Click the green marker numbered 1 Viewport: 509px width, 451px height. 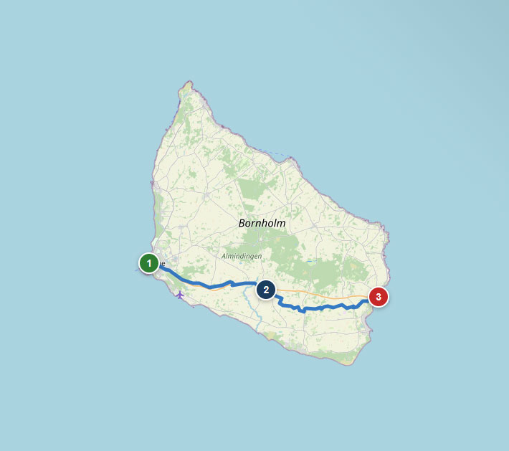(x=148, y=264)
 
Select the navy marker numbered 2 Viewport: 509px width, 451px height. (x=266, y=290)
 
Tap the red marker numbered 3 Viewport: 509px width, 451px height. (x=379, y=296)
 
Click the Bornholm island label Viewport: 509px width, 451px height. (x=262, y=223)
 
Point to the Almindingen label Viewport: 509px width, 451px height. (x=242, y=256)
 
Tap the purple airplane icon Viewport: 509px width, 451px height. (x=179, y=294)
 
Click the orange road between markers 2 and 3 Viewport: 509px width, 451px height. (x=323, y=294)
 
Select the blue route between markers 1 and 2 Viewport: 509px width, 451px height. (x=208, y=285)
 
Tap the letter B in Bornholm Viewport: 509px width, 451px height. (x=242, y=223)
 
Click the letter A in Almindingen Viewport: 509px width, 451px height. (x=224, y=256)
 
